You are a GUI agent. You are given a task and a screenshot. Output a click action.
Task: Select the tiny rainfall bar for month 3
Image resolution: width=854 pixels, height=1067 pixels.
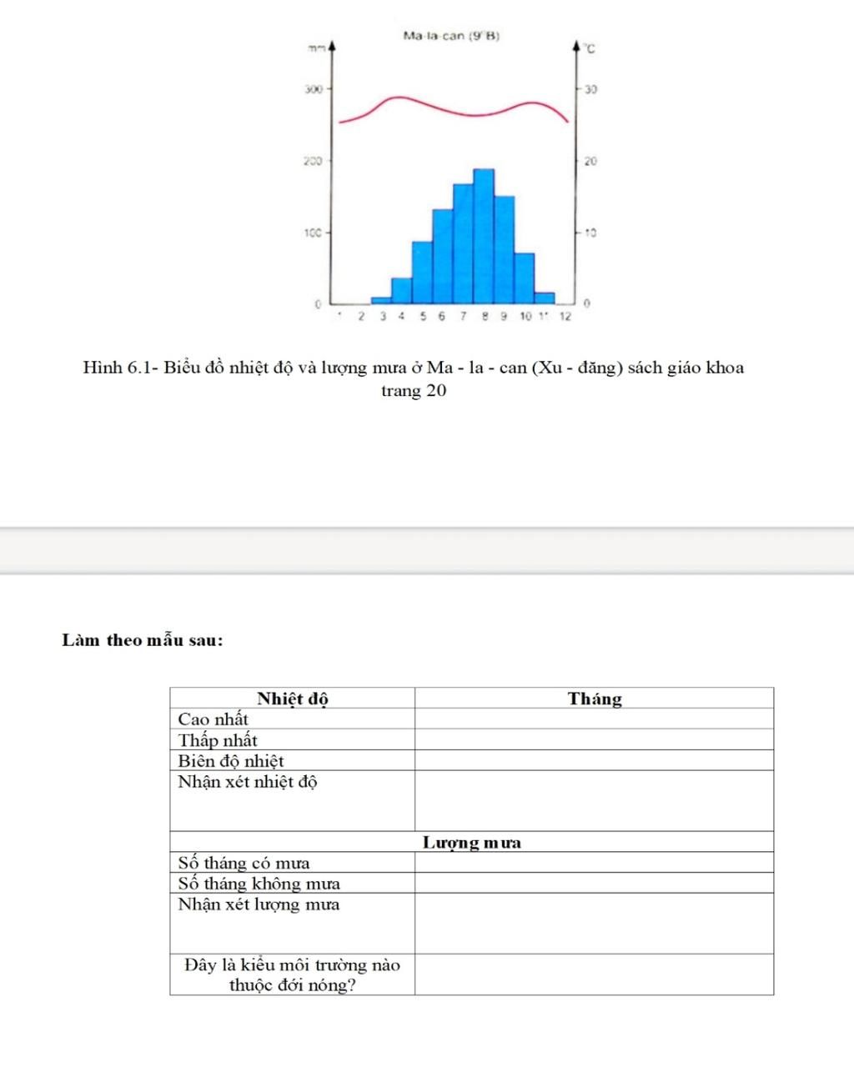(381, 299)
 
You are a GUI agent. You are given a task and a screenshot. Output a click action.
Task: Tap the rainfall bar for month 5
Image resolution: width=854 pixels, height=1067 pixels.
(422, 272)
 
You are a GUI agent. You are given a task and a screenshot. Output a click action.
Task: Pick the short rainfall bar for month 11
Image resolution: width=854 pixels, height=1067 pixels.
(545, 298)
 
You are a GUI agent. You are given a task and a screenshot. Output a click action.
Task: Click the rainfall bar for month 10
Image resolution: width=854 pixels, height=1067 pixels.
(525, 278)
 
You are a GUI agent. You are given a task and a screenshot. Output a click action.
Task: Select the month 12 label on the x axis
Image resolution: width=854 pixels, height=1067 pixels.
(565, 317)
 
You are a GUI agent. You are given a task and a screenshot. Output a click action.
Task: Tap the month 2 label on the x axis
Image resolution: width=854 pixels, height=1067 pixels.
(361, 317)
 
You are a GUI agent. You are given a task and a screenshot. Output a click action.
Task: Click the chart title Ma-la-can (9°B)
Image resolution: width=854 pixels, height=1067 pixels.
(451, 36)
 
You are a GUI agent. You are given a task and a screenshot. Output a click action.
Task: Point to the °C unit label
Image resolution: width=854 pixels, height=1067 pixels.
(590, 50)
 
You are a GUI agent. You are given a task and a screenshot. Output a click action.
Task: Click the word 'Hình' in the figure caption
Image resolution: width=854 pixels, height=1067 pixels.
(103, 368)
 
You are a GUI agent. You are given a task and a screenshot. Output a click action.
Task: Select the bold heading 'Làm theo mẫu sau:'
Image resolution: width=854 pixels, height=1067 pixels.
(143, 640)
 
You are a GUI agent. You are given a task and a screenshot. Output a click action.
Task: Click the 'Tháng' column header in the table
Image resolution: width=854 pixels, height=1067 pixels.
(595, 699)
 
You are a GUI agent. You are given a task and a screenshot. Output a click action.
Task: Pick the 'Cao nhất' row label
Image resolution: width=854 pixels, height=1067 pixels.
(213, 719)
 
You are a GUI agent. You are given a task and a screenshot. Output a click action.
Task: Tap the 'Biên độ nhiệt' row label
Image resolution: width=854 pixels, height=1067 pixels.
(231, 760)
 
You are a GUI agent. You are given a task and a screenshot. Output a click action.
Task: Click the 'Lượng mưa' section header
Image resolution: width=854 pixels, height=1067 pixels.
(472, 842)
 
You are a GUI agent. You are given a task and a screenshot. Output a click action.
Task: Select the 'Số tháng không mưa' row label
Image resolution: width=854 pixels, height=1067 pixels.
(259, 883)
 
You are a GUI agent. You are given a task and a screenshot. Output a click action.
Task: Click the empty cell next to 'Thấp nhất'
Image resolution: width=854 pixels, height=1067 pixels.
(595, 739)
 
